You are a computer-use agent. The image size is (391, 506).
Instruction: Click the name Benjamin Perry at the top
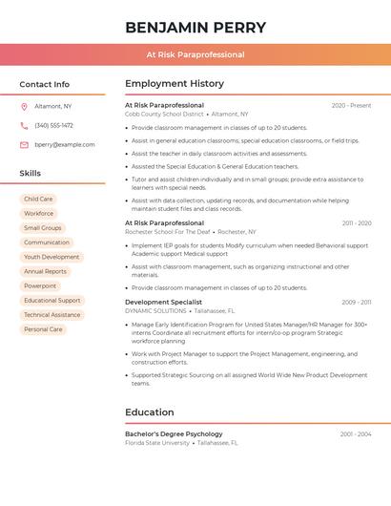[195, 28]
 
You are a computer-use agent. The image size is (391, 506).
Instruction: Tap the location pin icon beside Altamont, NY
[24, 107]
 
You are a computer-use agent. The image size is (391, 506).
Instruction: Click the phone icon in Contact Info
[24, 126]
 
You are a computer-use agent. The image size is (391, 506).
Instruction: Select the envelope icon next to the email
[24, 145]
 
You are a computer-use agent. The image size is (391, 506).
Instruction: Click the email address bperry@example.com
[65, 145]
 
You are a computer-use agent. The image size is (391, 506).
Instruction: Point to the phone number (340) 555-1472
[54, 126]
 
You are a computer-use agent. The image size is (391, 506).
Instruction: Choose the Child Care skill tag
[39, 200]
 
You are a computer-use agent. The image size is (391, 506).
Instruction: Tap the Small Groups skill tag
[43, 228]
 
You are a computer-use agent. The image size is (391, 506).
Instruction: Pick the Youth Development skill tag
[51, 257]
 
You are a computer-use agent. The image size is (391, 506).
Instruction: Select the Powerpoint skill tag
[40, 286]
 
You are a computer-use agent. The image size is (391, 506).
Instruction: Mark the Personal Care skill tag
[43, 329]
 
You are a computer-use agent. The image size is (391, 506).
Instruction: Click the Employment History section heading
[175, 84]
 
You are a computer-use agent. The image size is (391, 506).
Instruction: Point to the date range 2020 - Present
[351, 105]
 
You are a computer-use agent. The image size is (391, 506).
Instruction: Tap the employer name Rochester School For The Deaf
[168, 232]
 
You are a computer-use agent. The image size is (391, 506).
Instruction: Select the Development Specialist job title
[163, 303]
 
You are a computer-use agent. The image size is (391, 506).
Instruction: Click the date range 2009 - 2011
[357, 303]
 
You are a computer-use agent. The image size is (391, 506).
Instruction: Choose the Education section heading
[149, 412]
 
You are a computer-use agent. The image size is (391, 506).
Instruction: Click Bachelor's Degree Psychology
[174, 434]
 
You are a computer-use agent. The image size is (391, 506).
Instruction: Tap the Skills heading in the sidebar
[30, 174]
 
